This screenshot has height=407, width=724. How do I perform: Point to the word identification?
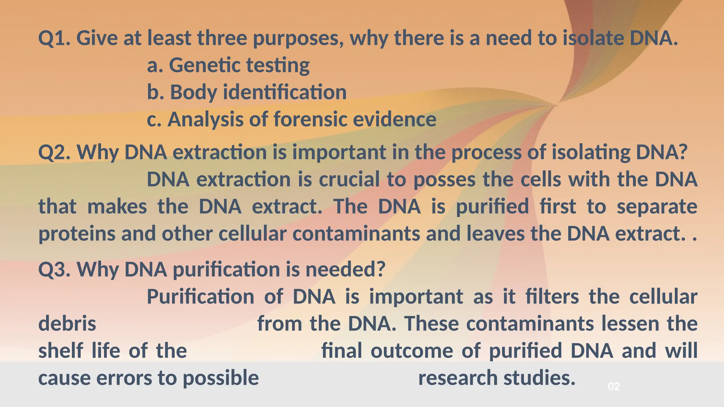click(285, 93)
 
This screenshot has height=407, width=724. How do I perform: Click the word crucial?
click(349, 179)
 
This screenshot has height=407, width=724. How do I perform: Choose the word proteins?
click(77, 234)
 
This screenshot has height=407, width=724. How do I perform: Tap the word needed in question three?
click(345, 270)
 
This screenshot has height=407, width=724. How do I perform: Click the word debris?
click(67, 324)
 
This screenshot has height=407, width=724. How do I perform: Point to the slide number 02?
click(614, 387)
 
